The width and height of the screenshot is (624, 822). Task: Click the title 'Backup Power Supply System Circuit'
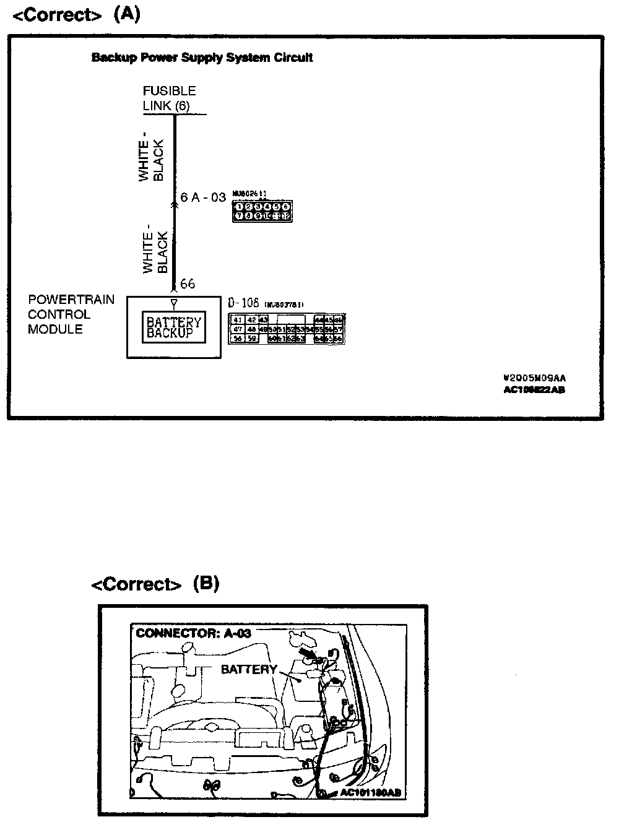point(202,58)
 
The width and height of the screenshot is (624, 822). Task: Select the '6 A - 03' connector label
point(203,197)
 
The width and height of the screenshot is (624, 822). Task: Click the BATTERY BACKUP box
point(174,327)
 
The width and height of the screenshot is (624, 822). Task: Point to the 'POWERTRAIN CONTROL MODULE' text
point(71,314)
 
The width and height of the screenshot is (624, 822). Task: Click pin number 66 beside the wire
point(187,283)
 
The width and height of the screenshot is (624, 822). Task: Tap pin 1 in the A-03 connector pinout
point(238,207)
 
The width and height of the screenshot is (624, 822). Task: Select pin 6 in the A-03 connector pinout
point(285,207)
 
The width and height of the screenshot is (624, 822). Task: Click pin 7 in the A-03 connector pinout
point(238,216)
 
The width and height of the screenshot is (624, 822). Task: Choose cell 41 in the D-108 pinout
point(237,320)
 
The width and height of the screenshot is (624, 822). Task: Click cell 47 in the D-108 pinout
point(237,329)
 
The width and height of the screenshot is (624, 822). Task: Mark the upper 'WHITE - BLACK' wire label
point(152,160)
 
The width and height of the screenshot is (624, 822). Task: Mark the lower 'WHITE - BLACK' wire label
point(155,253)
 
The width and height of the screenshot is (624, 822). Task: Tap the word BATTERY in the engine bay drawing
point(249,669)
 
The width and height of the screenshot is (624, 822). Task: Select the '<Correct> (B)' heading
point(155,584)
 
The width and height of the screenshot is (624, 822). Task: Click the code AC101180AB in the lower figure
point(370,793)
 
